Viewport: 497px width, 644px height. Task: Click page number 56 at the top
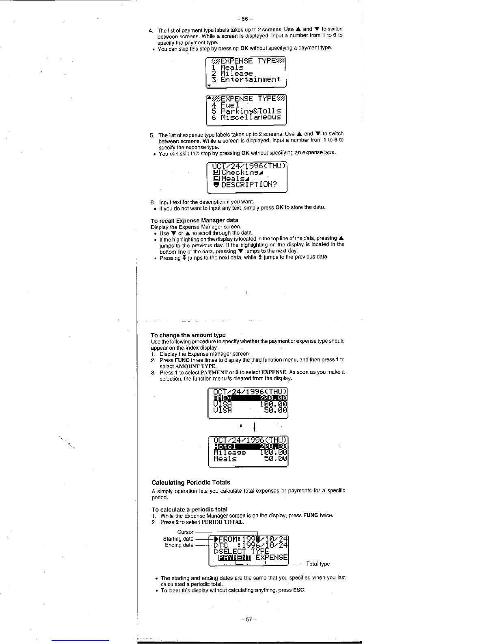click(x=247, y=19)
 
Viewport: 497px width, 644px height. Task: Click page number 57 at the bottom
click(x=247, y=620)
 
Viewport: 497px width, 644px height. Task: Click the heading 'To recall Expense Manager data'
click(x=194, y=220)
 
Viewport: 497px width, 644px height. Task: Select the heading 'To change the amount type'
click(x=188, y=335)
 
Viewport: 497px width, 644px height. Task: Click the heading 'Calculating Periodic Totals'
click(x=191, y=482)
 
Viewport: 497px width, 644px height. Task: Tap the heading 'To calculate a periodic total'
click(x=190, y=509)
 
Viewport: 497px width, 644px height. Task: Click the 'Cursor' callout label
click(x=185, y=532)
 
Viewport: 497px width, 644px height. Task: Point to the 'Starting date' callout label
click(x=178, y=539)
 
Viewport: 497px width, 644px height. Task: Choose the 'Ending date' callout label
click(x=179, y=545)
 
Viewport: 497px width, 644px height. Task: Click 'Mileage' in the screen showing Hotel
click(x=230, y=452)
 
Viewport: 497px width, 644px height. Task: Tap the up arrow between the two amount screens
click(x=241, y=427)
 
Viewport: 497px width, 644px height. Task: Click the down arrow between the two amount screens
click(x=254, y=427)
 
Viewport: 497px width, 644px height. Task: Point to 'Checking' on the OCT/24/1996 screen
click(x=240, y=172)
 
